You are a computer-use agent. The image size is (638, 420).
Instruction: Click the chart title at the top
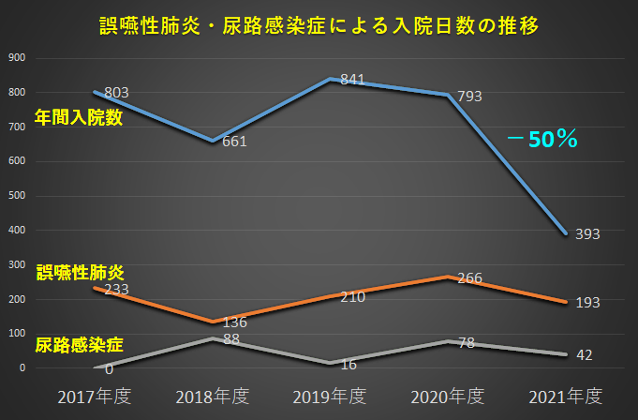[x=319, y=25]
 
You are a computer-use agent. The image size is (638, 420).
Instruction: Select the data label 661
[x=234, y=142]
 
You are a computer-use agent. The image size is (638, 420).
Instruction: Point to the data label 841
[x=352, y=80]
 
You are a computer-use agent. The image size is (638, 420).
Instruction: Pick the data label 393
[x=587, y=233]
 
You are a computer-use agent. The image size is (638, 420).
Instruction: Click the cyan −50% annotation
[x=542, y=140]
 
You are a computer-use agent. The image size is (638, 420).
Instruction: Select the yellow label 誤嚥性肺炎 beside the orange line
[x=80, y=272]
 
